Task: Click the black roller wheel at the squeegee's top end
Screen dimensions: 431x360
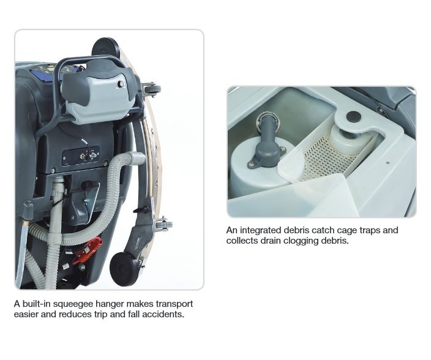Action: pyautogui.click(x=105, y=49)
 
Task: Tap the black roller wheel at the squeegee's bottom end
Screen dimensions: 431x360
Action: pyautogui.click(x=124, y=269)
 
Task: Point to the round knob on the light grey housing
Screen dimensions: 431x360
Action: pyautogui.click(x=121, y=84)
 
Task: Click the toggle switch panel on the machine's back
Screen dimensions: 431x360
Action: pyautogui.click(x=81, y=156)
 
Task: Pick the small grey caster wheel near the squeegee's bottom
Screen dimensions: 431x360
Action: pyautogui.click(x=164, y=225)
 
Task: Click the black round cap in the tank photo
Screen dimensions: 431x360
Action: pyautogui.click(x=353, y=117)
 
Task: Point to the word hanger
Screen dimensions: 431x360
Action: pyautogui.click(x=109, y=304)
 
